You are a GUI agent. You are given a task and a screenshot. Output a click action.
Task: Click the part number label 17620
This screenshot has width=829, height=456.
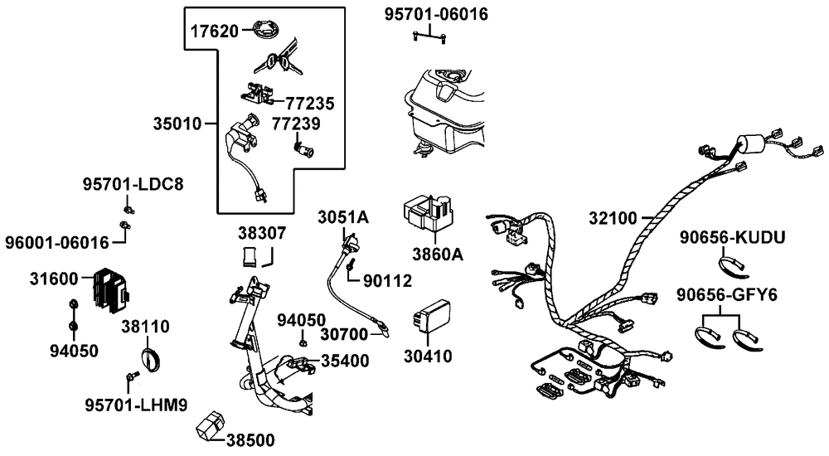[214, 32]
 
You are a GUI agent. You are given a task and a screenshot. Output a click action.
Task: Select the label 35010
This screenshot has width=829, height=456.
[177, 124]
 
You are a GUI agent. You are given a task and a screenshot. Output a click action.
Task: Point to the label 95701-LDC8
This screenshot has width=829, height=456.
[132, 183]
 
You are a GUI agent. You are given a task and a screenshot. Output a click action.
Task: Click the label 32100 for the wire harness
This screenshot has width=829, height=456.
[613, 219]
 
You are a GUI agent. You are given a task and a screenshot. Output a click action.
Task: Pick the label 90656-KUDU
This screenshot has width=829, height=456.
[732, 238]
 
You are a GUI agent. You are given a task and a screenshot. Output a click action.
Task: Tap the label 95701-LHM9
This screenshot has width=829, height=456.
[135, 405]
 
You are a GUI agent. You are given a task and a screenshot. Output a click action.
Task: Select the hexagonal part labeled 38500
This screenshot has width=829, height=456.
[208, 424]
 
